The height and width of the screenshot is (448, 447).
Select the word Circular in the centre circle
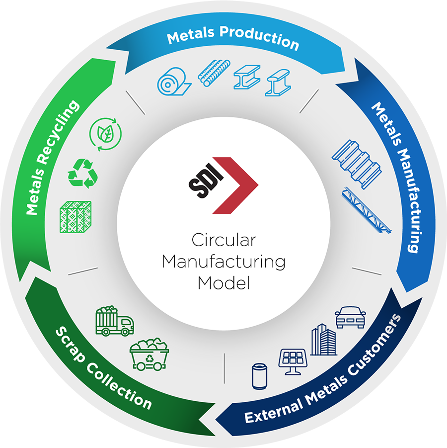(223, 241)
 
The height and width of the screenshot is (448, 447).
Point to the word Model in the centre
(223, 282)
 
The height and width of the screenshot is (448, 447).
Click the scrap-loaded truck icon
(114, 321)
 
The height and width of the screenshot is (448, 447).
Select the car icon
(351, 317)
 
